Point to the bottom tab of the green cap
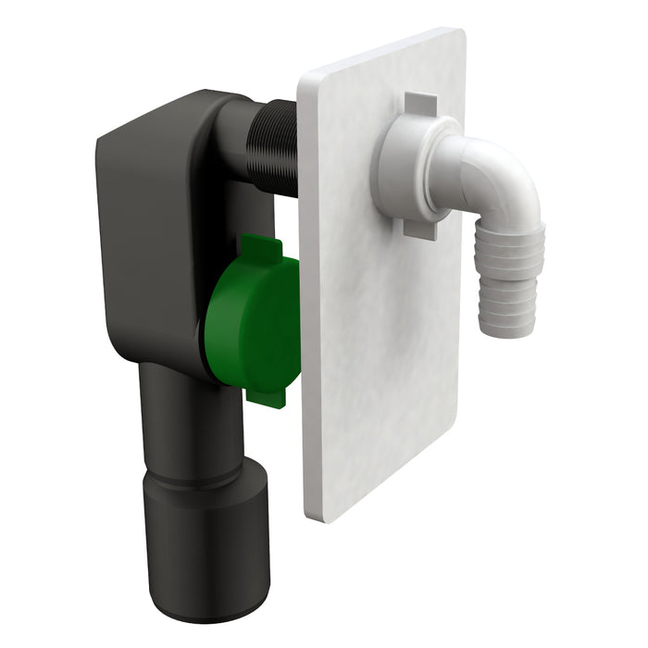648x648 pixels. pyautogui.click(x=268, y=395)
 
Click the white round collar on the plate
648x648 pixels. pyautogui.click(x=403, y=167)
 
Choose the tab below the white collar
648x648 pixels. pyautogui.click(x=421, y=227)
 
